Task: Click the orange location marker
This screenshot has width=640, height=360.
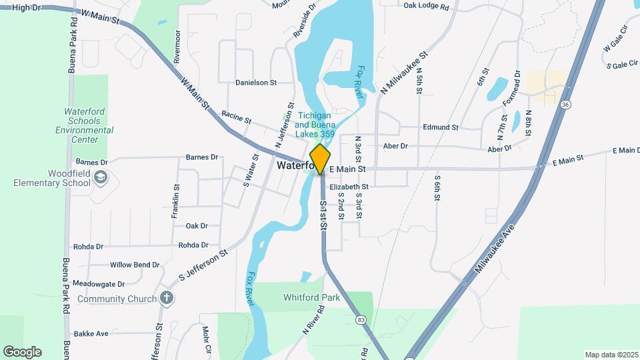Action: click(x=321, y=159)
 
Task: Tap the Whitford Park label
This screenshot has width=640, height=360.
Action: click(x=311, y=297)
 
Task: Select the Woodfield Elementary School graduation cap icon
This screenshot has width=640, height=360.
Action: click(x=100, y=177)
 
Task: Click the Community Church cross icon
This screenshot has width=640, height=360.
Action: click(x=166, y=298)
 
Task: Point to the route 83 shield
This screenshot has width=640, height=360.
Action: click(x=361, y=320)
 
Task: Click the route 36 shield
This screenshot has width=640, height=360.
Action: click(x=565, y=105)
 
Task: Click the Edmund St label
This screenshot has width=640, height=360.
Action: click(x=441, y=127)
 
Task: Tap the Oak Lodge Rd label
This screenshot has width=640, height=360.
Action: click(x=427, y=6)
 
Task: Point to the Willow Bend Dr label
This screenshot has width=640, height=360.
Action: click(x=135, y=265)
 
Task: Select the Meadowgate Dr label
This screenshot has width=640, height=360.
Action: click(x=99, y=283)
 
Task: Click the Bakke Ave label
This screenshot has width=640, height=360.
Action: click(x=91, y=333)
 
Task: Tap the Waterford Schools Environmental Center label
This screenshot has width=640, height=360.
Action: click(x=83, y=125)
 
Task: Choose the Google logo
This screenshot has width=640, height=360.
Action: click(x=22, y=351)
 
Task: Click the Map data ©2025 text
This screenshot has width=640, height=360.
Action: click(x=610, y=355)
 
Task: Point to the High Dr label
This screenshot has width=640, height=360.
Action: click(x=26, y=7)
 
